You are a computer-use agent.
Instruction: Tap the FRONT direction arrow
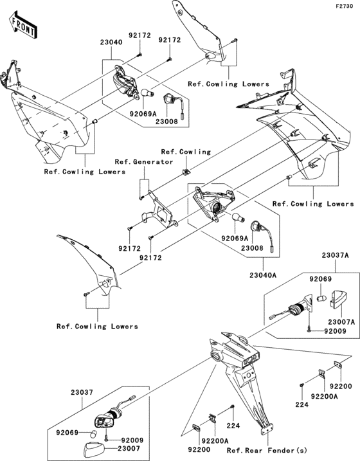(23, 26)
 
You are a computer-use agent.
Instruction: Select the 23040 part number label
(111, 42)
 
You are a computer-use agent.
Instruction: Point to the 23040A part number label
(263, 275)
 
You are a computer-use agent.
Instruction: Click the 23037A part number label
(335, 255)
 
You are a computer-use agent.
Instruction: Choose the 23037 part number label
(82, 392)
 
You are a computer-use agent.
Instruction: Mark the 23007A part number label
(341, 323)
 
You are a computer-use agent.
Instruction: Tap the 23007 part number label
(129, 448)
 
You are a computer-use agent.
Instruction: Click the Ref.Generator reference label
(144, 161)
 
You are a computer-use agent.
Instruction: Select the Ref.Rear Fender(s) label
(267, 451)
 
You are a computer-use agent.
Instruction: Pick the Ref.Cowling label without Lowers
(186, 152)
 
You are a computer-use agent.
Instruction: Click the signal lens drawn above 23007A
(339, 300)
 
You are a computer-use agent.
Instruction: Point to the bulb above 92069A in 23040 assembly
(146, 93)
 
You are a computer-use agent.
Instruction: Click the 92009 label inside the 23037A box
(336, 331)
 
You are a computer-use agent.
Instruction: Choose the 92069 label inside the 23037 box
(67, 433)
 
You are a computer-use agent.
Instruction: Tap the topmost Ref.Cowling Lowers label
(228, 84)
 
